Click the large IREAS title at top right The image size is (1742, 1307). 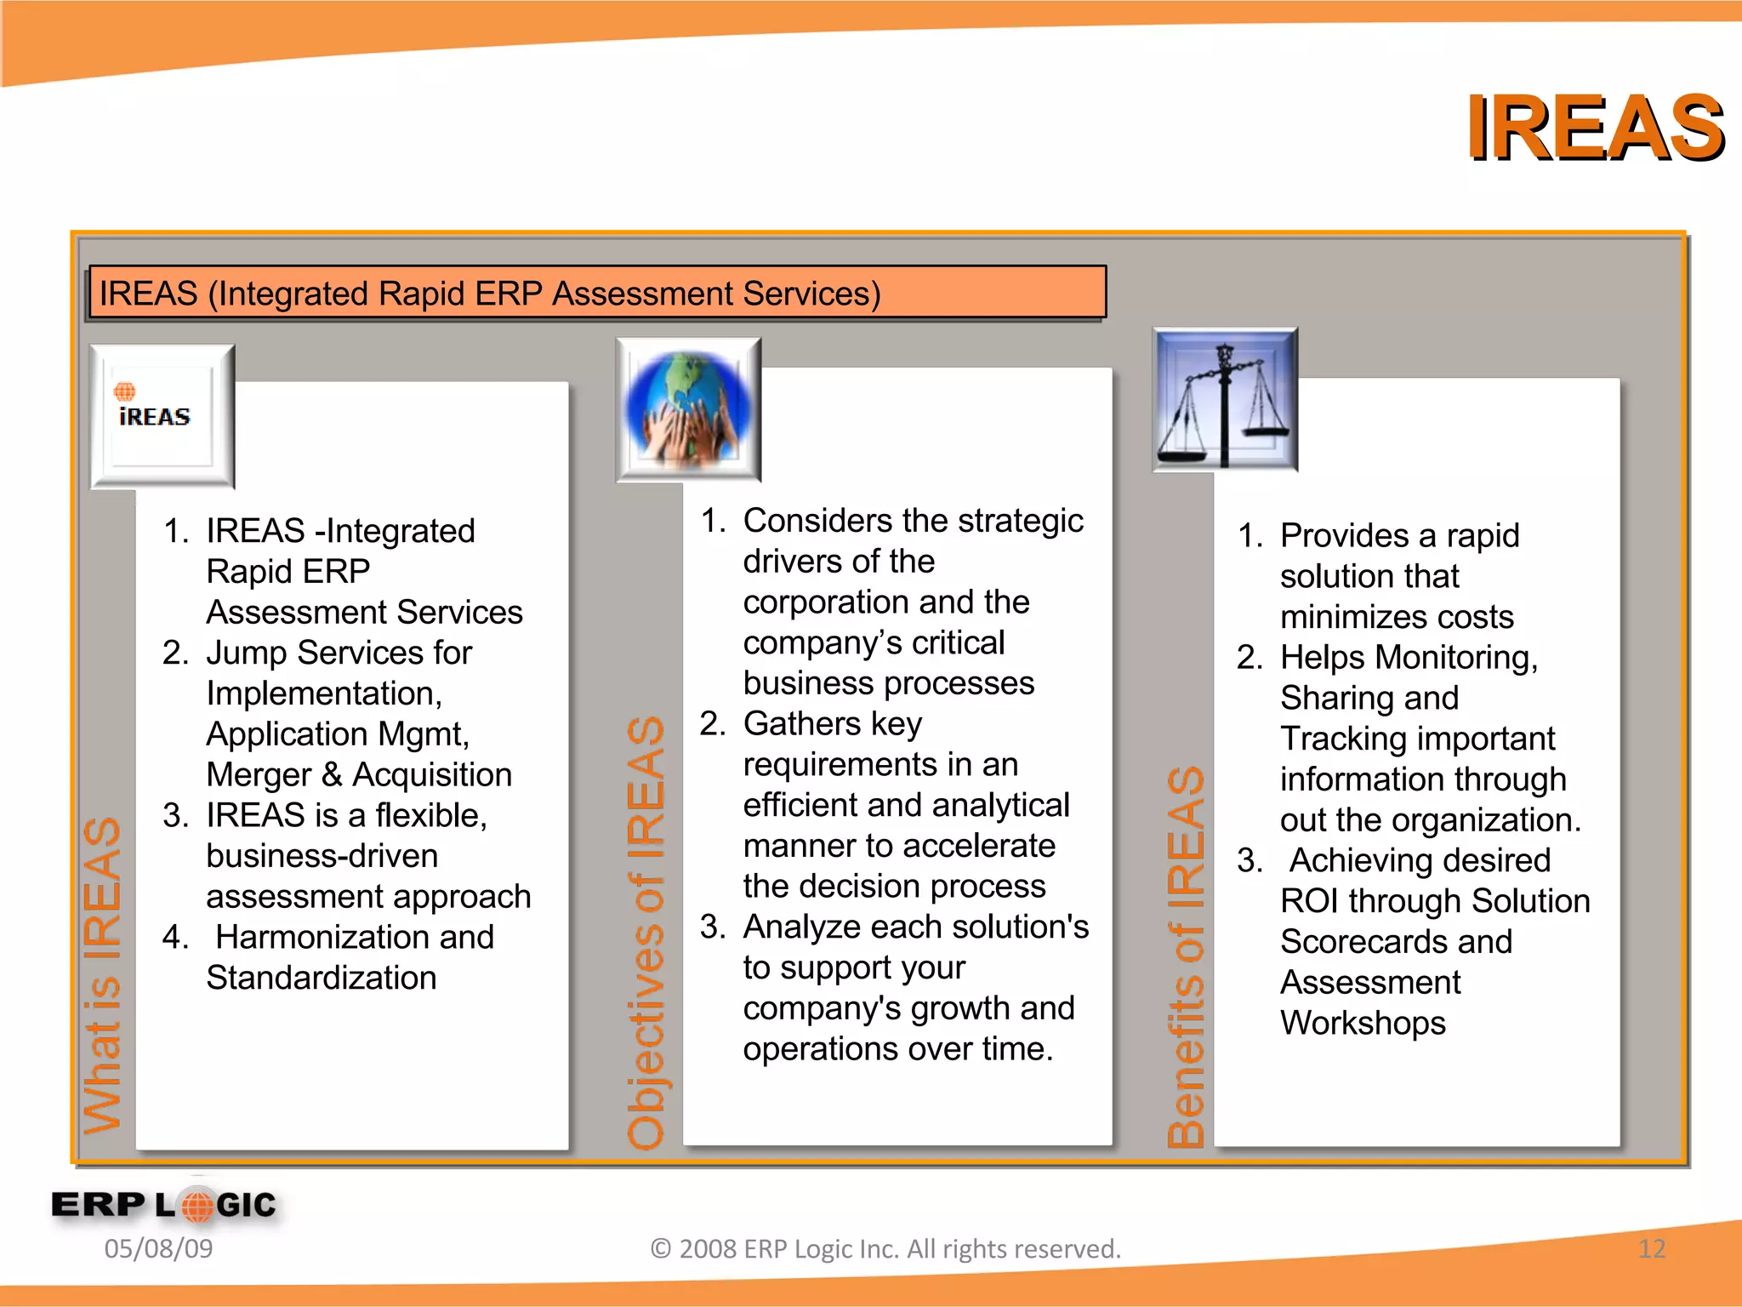point(1594,129)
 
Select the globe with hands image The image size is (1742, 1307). point(688,409)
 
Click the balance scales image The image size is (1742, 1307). point(1224,400)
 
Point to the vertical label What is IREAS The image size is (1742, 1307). point(103,974)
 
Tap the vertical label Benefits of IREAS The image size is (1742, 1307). point(1186,957)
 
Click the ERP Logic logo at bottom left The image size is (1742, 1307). point(164,1205)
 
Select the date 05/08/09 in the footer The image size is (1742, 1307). point(158,1249)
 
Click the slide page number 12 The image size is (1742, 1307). point(1651,1249)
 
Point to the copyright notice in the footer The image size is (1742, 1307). point(885,1249)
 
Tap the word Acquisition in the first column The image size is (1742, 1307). point(432,775)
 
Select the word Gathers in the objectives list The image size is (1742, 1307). point(801,724)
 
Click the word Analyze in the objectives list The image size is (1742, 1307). point(800,927)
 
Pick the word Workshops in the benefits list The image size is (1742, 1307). point(1363,1024)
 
